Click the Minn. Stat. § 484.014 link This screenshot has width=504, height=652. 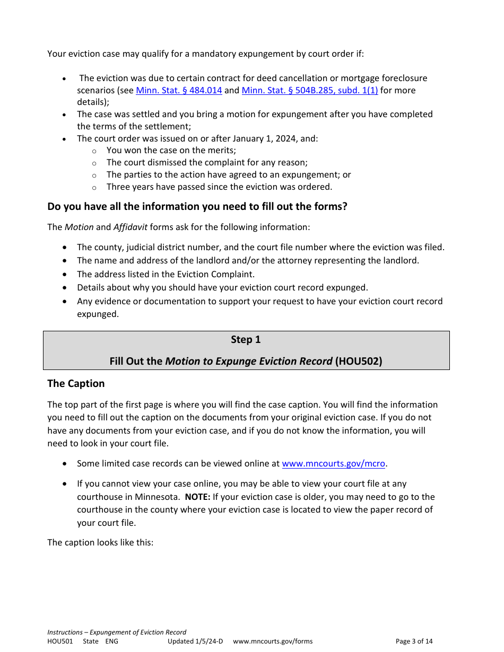tap(179, 90)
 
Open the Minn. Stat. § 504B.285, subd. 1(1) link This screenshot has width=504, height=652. tap(310, 90)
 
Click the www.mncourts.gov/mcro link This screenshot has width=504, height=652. tap(333, 463)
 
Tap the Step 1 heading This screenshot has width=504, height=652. tap(246, 340)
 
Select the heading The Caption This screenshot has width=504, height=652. tap(76, 383)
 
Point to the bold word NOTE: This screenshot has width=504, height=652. tap(197, 497)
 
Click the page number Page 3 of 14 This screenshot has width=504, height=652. tap(414, 641)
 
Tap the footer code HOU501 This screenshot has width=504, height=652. tap(60, 641)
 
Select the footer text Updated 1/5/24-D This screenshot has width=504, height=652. tap(195, 641)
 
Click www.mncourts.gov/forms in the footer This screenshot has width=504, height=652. tap(273, 641)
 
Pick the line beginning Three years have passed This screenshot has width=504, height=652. tap(219, 187)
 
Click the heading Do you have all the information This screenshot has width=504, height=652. tap(197, 206)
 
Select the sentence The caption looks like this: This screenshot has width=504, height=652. tap(100, 542)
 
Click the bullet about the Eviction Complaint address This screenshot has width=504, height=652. tap(166, 274)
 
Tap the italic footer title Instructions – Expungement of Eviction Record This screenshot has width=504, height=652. tap(117, 632)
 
